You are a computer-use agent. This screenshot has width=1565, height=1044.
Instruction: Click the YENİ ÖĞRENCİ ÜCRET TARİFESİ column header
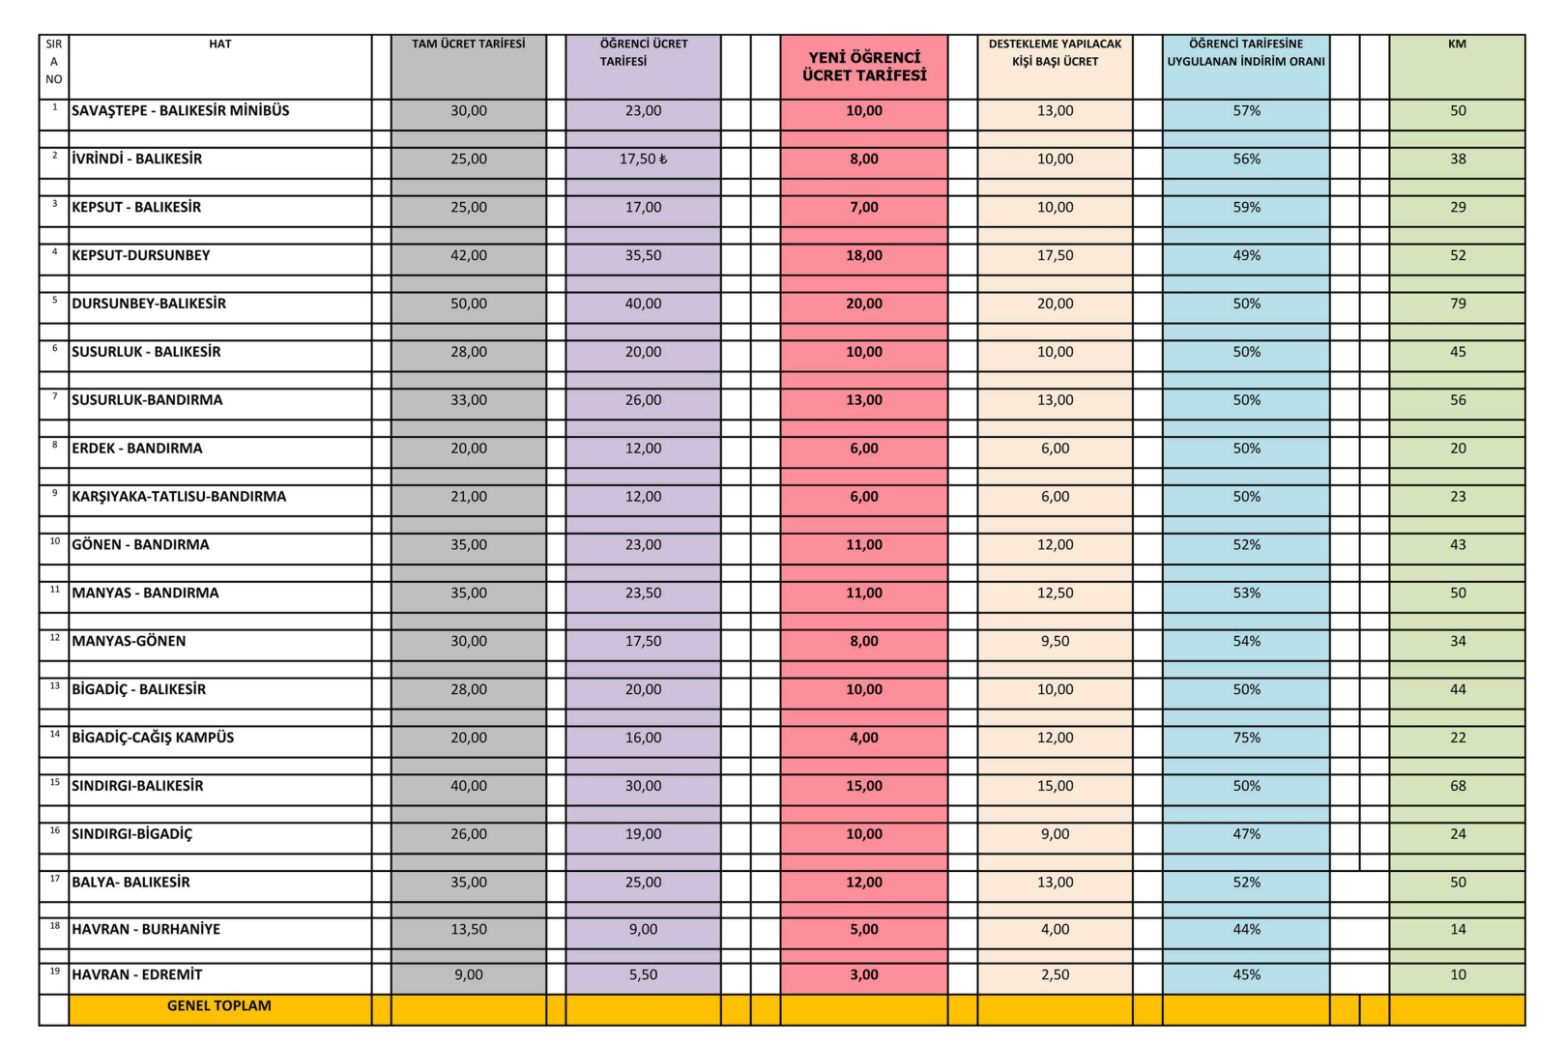[864, 66]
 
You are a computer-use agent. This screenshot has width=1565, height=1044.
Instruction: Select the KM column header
[1457, 43]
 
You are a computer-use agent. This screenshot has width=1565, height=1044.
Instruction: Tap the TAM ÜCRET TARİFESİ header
[469, 43]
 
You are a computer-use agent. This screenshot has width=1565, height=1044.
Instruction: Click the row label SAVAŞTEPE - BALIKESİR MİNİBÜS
[181, 111]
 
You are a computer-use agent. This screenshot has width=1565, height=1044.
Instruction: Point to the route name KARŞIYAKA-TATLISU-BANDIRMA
[179, 497]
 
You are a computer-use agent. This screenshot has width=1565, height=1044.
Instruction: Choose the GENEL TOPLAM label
[219, 1006]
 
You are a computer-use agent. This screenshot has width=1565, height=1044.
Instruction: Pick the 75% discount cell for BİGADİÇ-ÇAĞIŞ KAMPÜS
[1246, 738]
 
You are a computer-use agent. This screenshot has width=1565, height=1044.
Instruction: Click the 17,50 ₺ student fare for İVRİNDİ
[643, 159]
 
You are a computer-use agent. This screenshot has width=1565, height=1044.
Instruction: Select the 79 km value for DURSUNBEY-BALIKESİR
[1458, 304]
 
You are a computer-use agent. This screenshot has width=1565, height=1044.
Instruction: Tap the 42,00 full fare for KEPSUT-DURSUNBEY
[469, 255]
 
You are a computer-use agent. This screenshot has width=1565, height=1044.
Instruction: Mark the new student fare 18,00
[864, 255]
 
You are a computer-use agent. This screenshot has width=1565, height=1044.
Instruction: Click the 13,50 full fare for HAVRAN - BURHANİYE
[469, 929]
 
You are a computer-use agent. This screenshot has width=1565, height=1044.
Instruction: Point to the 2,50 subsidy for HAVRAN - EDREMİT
[1055, 975]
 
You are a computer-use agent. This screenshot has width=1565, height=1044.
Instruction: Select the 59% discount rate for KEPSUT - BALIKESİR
[1246, 207]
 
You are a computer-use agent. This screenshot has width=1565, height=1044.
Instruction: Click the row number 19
[54, 971]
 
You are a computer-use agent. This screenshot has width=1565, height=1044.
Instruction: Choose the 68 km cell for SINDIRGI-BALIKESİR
[1458, 786]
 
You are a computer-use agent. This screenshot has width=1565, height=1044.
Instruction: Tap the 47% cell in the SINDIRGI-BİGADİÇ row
[1246, 834]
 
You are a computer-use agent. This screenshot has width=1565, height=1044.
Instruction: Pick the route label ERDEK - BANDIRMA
[137, 449]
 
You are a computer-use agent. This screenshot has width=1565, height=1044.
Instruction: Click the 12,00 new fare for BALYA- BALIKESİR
[864, 883]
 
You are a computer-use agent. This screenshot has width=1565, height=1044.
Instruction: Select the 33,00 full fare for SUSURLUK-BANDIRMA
[469, 400]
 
